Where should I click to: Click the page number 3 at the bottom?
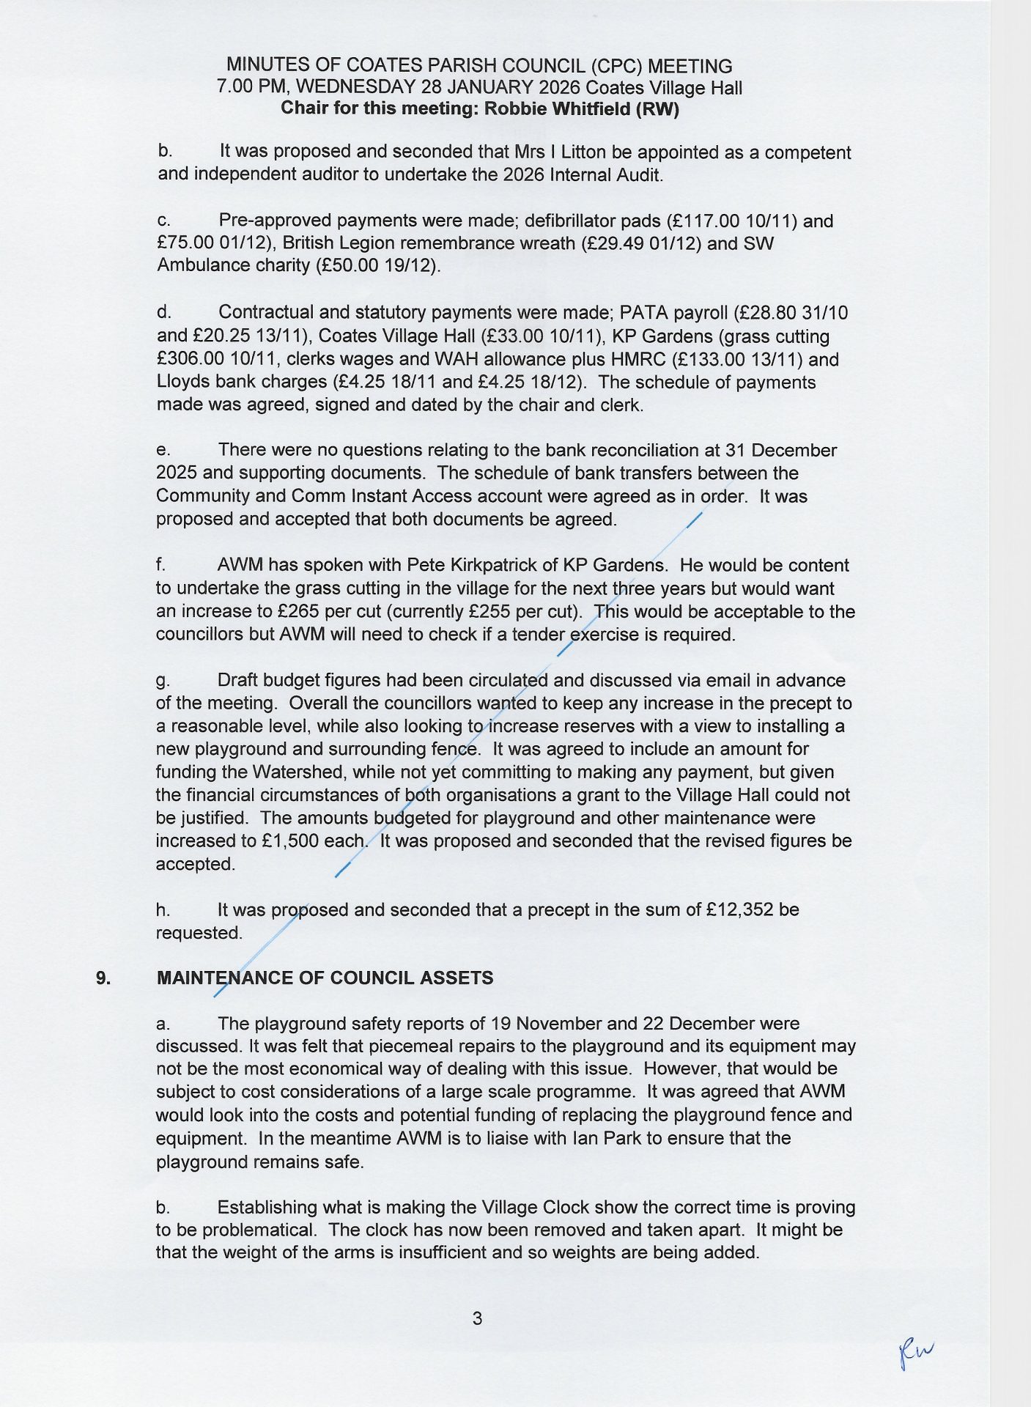tap(477, 1319)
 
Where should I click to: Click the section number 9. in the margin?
tap(103, 978)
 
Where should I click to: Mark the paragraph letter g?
tap(162, 682)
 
